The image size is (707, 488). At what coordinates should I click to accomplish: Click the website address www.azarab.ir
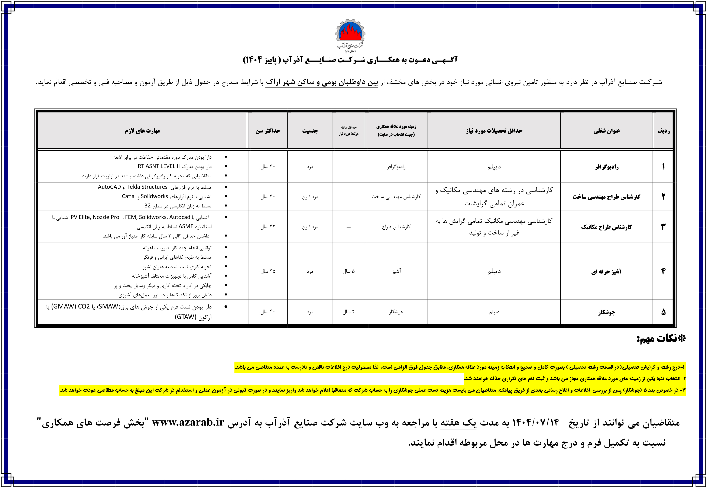tap(188, 422)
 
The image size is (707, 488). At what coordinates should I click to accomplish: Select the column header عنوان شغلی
tap(606, 131)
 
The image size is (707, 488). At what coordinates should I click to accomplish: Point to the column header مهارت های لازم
tap(142, 131)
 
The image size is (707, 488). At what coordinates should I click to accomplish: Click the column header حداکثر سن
tap(268, 131)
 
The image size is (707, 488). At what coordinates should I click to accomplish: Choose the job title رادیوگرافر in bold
tap(606, 167)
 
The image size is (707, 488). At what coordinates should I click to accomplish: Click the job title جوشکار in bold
tap(606, 312)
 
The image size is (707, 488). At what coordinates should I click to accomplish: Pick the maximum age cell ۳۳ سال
tap(268, 227)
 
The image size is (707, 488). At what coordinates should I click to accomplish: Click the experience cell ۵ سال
tap(348, 271)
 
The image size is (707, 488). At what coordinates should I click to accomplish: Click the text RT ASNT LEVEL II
tap(159, 166)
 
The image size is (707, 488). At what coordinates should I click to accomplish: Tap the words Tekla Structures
tap(147, 187)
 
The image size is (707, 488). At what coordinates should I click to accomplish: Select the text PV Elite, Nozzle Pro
tap(95, 217)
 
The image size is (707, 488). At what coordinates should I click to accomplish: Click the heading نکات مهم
tap(661, 339)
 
